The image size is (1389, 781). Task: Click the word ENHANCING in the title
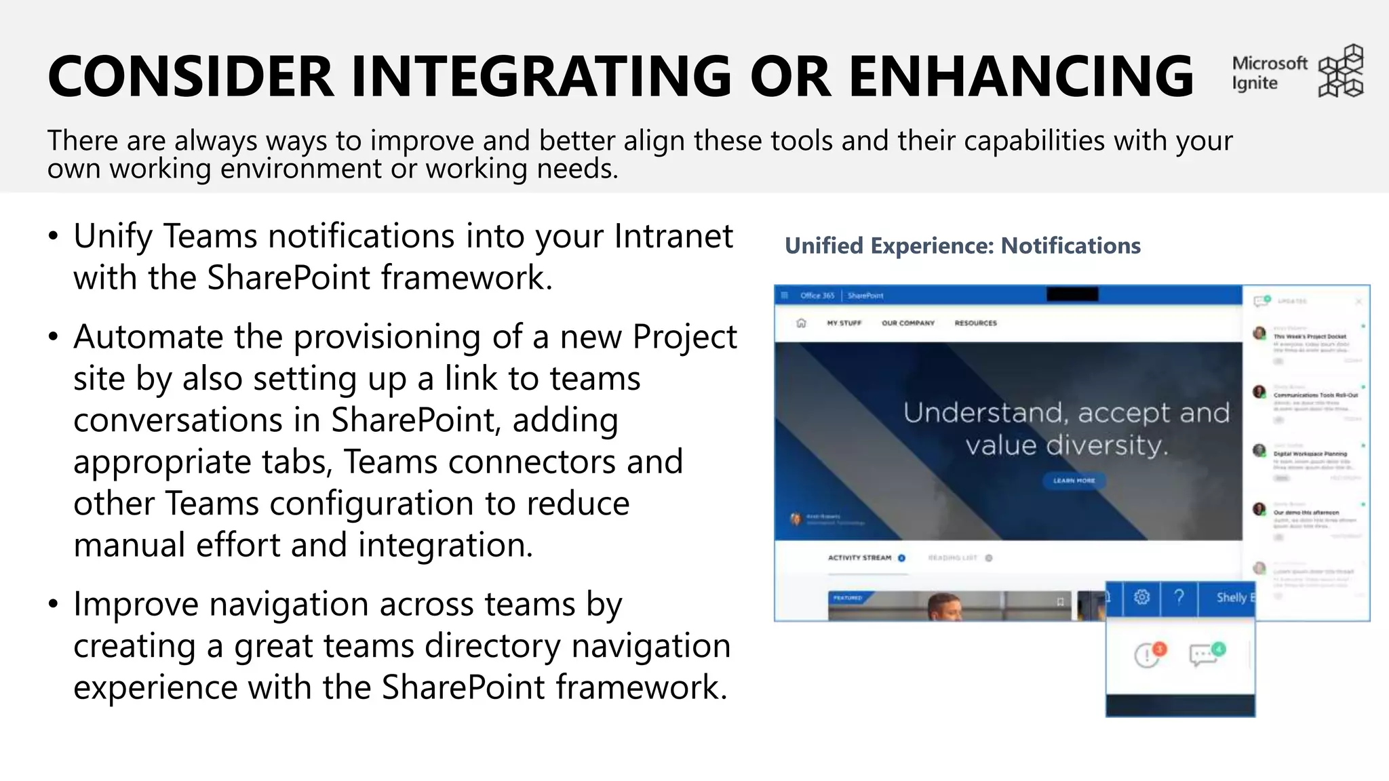pyautogui.click(x=1021, y=76)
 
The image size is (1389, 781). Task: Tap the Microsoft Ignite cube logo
pyautogui.click(x=1340, y=71)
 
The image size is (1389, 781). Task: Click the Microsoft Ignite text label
pyautogui.click(x=1268, y=73)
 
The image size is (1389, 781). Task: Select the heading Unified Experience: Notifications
pyautogui.click(x=962, y=245)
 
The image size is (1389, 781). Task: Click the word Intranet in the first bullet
pyautogui.click(x=673, y=237)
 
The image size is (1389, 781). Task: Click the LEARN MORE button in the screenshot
pyautogui.click(x=1074, y=481)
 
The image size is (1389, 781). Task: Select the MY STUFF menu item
pyautogui.click(x=844, y=323)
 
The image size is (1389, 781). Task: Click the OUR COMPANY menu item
pyautogui.click(x=907, y=323)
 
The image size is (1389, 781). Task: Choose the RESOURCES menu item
pyautogui.click(x=975, y=323)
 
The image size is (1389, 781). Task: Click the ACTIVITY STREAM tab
pyautogui.click(x=859, y=558)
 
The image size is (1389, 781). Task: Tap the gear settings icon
pyautogui.click(x=1141, y=597)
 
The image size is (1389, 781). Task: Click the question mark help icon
pyautogui.click(x=1179, y=597)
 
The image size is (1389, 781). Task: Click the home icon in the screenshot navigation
pyautogui.click(x=801, y=323)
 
